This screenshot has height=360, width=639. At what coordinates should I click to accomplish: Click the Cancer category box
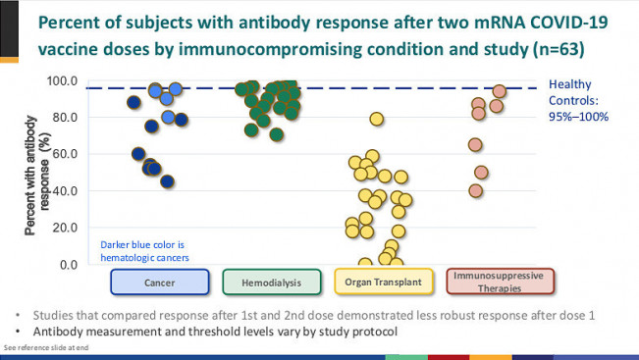click(x=159, y=283)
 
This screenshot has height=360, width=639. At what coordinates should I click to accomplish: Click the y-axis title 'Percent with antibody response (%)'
click(x=35, y=173)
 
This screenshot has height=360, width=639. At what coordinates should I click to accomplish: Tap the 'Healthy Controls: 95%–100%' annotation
click(x=578, y=100)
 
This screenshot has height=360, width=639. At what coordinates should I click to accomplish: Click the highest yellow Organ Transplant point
click(x=376, y=120)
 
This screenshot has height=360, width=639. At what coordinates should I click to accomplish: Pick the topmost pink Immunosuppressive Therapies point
click(x=499, y=92)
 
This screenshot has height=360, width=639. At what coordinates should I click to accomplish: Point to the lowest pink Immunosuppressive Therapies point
click(x=476, y=190)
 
